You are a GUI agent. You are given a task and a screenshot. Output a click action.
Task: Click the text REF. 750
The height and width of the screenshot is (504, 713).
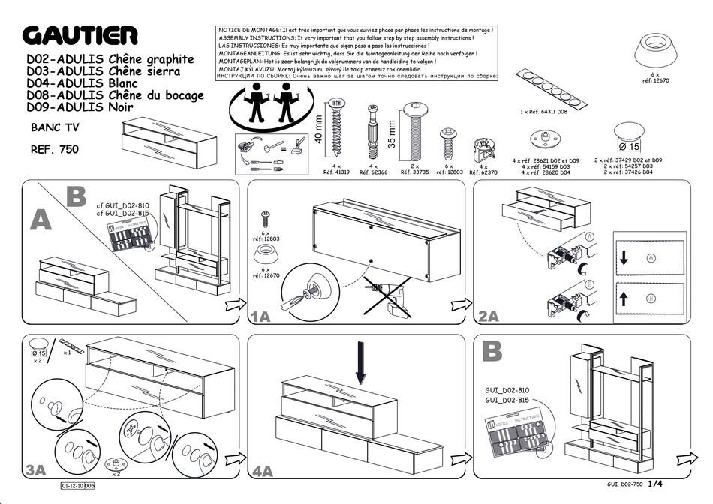[54, 149]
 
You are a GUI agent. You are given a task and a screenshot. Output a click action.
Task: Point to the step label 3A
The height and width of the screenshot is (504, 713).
[35, 470]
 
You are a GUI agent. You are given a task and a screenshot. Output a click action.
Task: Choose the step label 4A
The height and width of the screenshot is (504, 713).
[262, 471]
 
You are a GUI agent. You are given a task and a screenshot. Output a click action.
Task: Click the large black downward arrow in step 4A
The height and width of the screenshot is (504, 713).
[361, 362]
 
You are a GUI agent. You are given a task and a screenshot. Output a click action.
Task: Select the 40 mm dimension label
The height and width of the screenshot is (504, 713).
[318, 128]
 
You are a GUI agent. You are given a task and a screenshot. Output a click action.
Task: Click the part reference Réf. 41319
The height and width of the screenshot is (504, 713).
[336, 172]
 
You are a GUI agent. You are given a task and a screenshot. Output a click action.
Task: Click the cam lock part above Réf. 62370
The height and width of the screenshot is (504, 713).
[483, 148]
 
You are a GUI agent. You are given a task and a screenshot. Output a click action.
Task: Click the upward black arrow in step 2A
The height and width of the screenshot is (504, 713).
[624, 298]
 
